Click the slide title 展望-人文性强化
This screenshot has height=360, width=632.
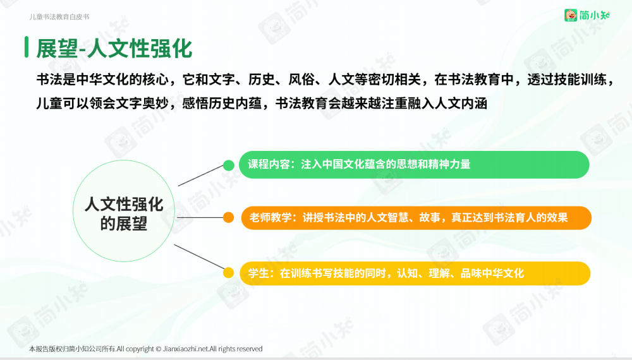coord(114,49)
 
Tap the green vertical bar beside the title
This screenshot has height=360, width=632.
coord(27,47)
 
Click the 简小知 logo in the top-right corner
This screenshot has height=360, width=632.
coord(587,15)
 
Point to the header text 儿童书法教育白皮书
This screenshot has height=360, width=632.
coord(59,17)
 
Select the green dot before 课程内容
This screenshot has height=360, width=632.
coord(229,165)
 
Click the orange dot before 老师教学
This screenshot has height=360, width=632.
coord(229,217)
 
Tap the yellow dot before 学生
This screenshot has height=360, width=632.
coord(229,273)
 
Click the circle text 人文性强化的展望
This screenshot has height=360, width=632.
coord(124,214)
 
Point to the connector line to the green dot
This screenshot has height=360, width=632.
coord(201,176)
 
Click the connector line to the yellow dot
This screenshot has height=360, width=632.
coord(199,256)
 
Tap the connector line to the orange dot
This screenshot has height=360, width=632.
coord(200,217)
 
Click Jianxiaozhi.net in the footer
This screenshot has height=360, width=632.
coord(186,349)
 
